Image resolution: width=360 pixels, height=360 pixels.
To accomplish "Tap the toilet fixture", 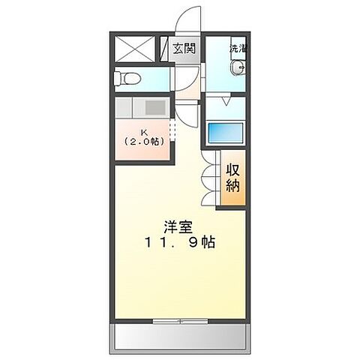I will pyautogui.click(x=128, y=77).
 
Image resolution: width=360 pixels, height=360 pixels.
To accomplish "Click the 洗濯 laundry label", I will pyautogui.click(x=237, y=49).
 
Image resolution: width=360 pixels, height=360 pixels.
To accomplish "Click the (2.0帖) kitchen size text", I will pyautogui.click(x=142, y=140).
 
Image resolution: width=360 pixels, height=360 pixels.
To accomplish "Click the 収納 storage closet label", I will pyautogui.click(x=232, y=178).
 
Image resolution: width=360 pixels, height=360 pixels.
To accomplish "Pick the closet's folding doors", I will pyautogui.click(x=209, y=179).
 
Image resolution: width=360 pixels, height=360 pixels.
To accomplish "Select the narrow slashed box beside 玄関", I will pyautogui.click(x=164, y=49).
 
